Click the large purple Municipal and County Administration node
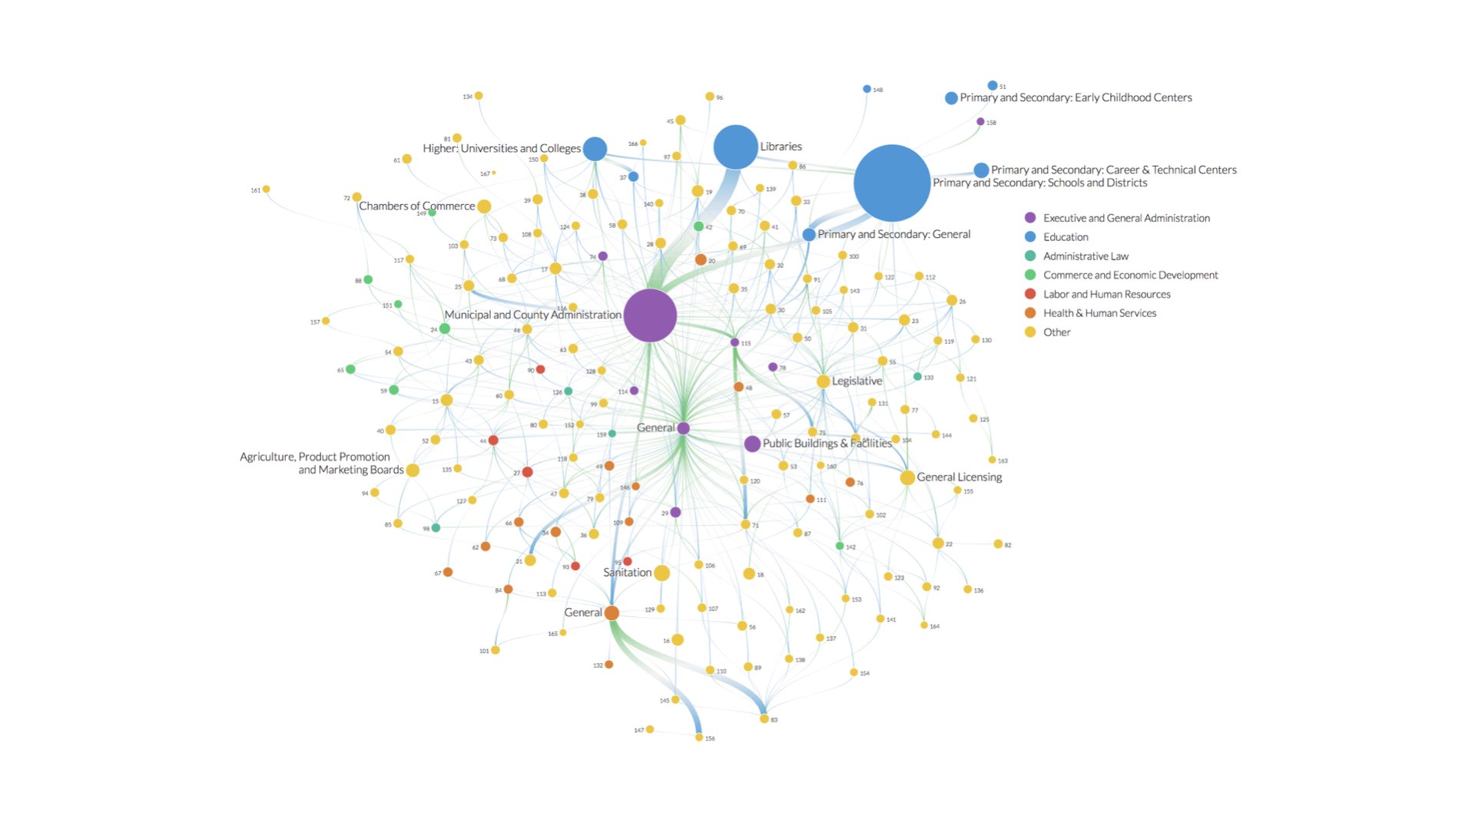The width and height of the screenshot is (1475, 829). pyautogui.click(x=650, y=315)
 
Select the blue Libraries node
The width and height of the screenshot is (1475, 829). pyautogui.click(x=735, y=147)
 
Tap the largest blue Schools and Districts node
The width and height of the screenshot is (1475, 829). pyautogui.click(x=892, y=183)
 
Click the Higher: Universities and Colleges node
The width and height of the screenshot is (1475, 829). pyautogui.click(x=595, y=149)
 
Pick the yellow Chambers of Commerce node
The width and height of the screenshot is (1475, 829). pyautogui.click(x=484, y=206)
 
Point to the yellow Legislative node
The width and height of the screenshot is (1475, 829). pyautogui.click(x=823, y=381)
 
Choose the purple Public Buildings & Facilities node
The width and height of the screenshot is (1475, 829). pyautogui.click(x=752, y=444)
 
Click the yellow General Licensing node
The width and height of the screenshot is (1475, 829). pyautogui.click(x=907, y=477)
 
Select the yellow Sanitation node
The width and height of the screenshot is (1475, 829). pyautogui.click(x=661, y=573)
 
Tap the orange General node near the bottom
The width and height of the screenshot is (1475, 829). pyautogui.click(x=612, y=613)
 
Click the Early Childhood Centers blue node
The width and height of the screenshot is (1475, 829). pyautogui.click(x=951, y=98)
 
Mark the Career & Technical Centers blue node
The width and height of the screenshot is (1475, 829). pyautogui.click(x=981, y=170)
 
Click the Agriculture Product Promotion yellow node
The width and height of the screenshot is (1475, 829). pyautogui.click(x=413, y=471)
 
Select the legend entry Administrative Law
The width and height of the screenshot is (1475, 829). pyautogui.click(x=1086, y=256)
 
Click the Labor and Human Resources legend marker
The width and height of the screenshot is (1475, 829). pyautogui.click(x=1030, y=294)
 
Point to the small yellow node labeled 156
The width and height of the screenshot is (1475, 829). pyautogui.click(x=699, y=738)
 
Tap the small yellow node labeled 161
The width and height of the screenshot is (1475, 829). pyautogui.click(x=266, y=189)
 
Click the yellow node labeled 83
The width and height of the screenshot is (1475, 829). pyautogui.click(x=764, y=719)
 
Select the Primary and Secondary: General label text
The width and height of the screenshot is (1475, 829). pyautogui.click(x=893, y=234)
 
